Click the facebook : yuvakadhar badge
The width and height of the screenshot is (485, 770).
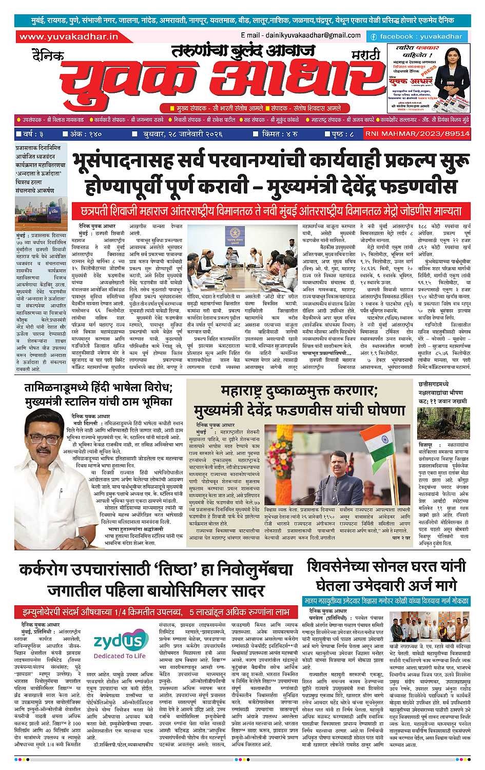click(x=416, y=36)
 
